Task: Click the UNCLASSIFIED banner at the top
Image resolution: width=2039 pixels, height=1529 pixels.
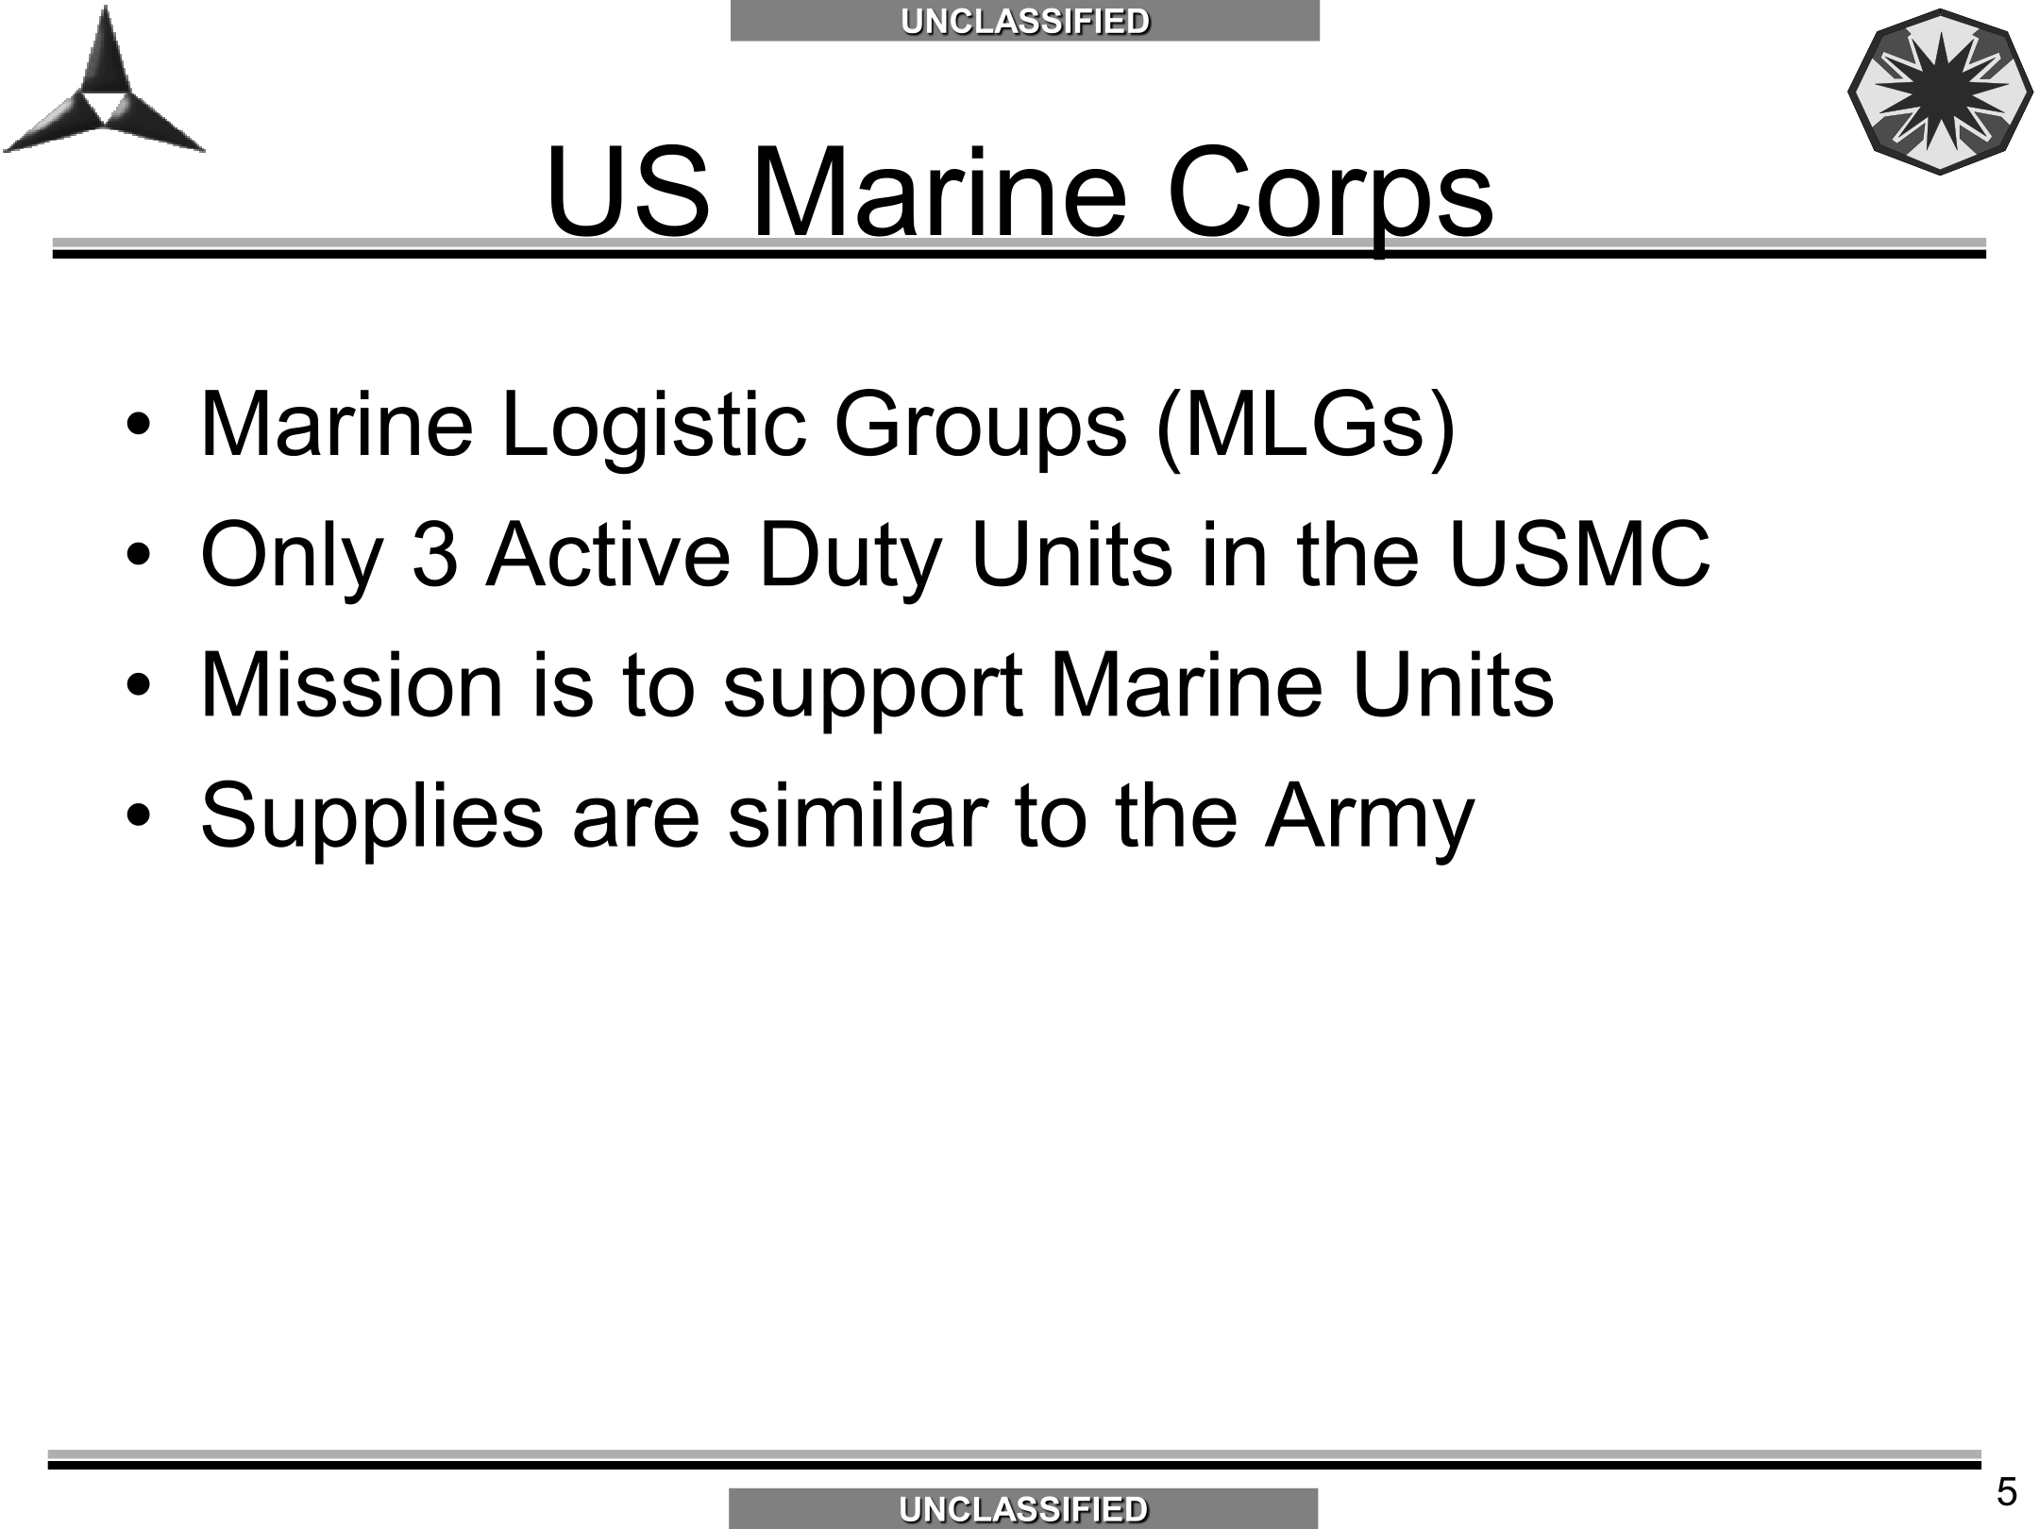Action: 1024,21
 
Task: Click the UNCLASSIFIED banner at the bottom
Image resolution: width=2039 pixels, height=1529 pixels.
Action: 1023,1508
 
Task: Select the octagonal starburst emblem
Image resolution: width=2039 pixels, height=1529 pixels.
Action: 1939,92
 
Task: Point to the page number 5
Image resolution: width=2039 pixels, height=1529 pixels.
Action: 2007,1491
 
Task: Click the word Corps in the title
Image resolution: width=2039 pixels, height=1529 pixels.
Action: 1330,195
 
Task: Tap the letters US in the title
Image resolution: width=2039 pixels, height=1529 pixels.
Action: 627,191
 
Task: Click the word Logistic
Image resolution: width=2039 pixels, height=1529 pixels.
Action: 653,425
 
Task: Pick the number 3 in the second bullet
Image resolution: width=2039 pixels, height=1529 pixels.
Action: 435,555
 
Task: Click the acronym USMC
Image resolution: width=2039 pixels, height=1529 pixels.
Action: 1579,554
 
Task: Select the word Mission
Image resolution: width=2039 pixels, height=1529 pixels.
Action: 352,684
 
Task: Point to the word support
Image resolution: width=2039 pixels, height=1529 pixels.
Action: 873,690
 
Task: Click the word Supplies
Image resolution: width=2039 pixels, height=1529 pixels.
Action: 372,817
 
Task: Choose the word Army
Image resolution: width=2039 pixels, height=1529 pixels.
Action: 1370,818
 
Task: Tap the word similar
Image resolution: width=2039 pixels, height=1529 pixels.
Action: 857,814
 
